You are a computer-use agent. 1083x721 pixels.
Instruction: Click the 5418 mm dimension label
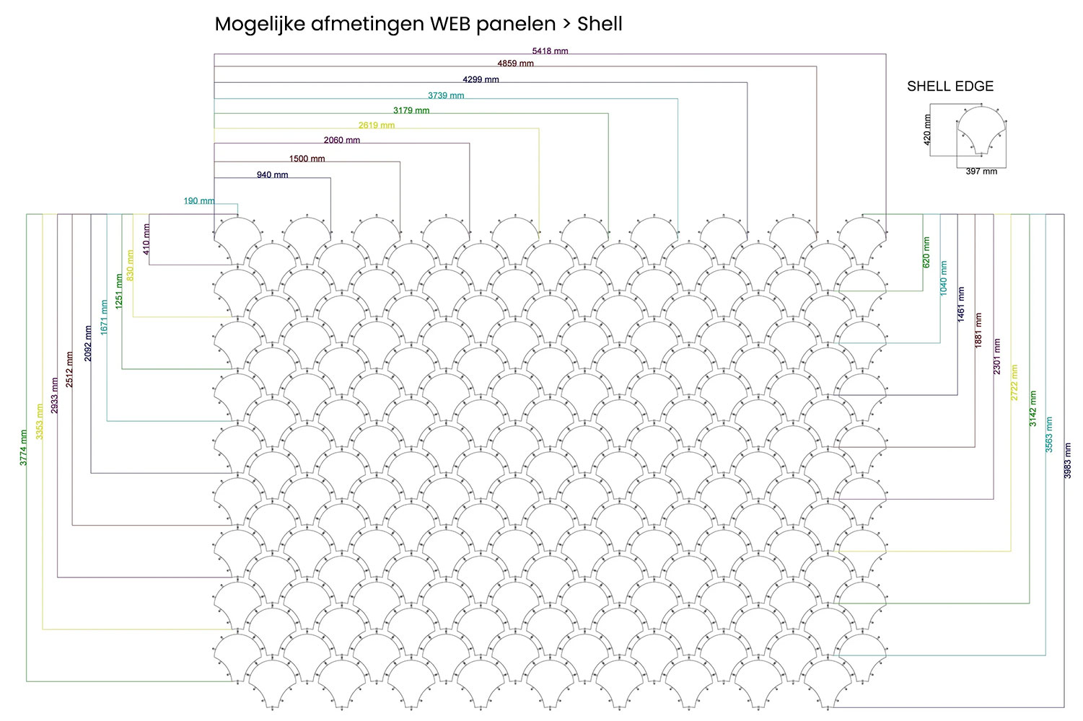[550, 51]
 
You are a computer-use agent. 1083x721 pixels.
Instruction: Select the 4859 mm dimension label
[515, 63]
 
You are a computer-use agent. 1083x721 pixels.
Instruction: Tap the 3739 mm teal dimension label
[446, 95]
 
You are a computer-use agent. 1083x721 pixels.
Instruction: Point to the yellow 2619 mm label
[377, 125]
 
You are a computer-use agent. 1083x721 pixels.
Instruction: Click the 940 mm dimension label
[272, 175]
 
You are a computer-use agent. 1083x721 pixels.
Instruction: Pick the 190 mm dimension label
[198, 201]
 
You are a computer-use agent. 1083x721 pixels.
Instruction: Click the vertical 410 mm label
[146, 239]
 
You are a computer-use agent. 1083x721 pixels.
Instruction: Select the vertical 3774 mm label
[23, 447]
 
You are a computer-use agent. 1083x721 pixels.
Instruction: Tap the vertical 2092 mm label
[88, 342]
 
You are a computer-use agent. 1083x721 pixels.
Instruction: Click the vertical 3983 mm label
[1068, 460]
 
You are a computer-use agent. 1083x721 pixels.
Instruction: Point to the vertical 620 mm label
[926, 252]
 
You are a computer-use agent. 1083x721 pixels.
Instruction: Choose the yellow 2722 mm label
[1014, 382]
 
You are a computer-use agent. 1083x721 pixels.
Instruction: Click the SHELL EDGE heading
[950, 87]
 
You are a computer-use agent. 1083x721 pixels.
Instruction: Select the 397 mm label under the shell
[981, 172]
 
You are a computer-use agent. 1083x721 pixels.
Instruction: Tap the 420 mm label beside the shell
[928, 129]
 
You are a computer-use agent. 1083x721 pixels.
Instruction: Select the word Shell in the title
[600, 25]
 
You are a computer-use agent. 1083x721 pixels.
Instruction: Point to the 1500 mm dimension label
[307, 159]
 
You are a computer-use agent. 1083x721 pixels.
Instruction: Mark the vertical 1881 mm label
[978, 330]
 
